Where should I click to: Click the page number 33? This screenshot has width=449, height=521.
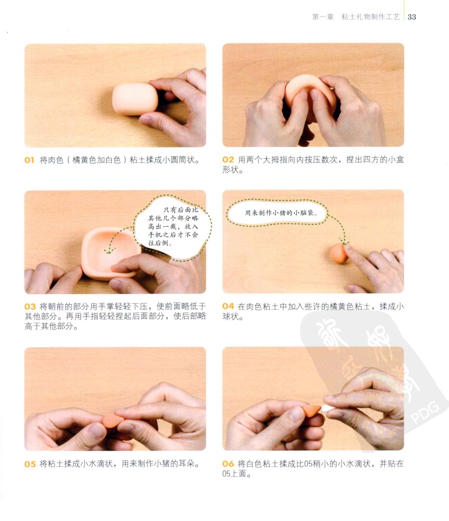point(412,17)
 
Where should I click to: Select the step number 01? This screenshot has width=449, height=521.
point(29,160)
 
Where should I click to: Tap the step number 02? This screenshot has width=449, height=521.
point(228,160)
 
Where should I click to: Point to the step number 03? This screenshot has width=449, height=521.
point(30,307)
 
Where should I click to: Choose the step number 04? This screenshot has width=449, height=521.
point(228,306)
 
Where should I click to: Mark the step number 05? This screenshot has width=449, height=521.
point(30,464)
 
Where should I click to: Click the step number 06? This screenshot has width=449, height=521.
point(228,464)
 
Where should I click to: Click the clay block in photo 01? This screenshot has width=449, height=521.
point(135,99)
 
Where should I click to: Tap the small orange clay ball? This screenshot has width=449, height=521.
point(338,254)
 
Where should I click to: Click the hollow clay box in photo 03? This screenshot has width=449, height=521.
point(110,253)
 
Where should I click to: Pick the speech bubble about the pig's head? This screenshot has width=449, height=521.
point(277,213)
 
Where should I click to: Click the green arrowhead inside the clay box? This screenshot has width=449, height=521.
point(109,251)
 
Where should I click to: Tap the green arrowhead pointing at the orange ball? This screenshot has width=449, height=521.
point(343,241)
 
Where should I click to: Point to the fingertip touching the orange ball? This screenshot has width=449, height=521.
point(348,249)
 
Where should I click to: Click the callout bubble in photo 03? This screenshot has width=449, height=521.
point(173,226)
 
